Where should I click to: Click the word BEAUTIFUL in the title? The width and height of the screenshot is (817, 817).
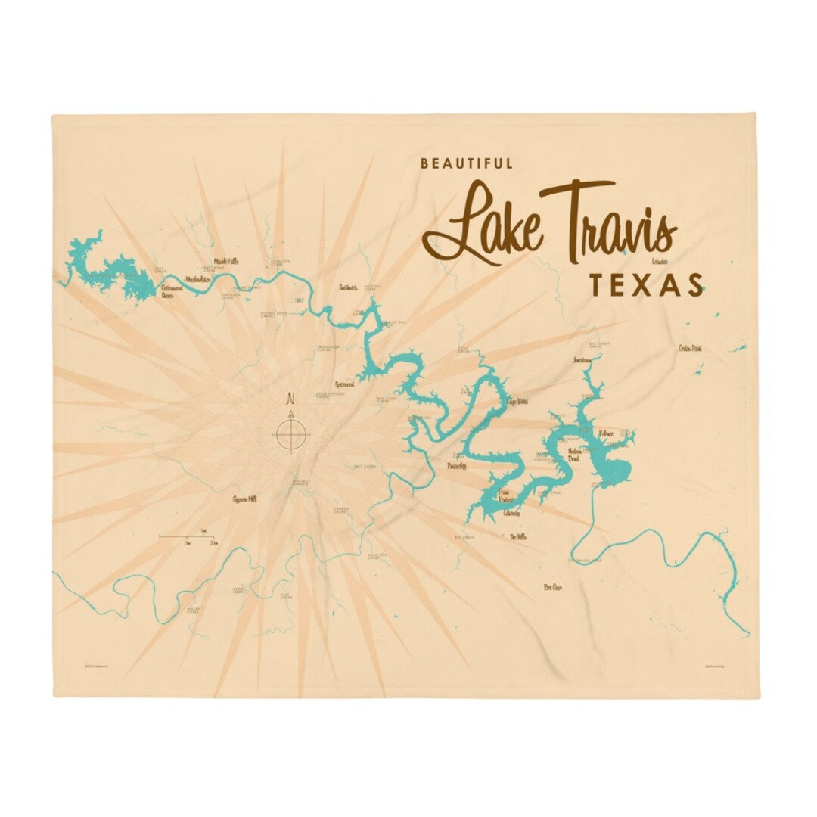pyautogui.click(x=467, y=163)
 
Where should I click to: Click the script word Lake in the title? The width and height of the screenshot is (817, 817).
pyautogui.click(x=485, y=223)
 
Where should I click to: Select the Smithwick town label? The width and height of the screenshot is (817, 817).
pyautogui.click(x=347, y=287)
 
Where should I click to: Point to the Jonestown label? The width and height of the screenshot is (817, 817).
pyautogui.click(x=586, y=359)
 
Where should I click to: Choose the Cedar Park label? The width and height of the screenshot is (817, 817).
pyautogui.click(x=689, y=348)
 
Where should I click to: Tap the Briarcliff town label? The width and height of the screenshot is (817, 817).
pyautogui.click(x=458, y=467)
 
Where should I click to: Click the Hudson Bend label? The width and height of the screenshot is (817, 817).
pyautogui.click(x=578, y=454)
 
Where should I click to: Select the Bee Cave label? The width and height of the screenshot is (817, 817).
pyautogui.click(x=553, y=586)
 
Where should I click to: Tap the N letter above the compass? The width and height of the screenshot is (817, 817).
pyautogui.click(x=290, y=399)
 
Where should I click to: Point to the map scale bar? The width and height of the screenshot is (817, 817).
pyautogui.click(x=189, y=537)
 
